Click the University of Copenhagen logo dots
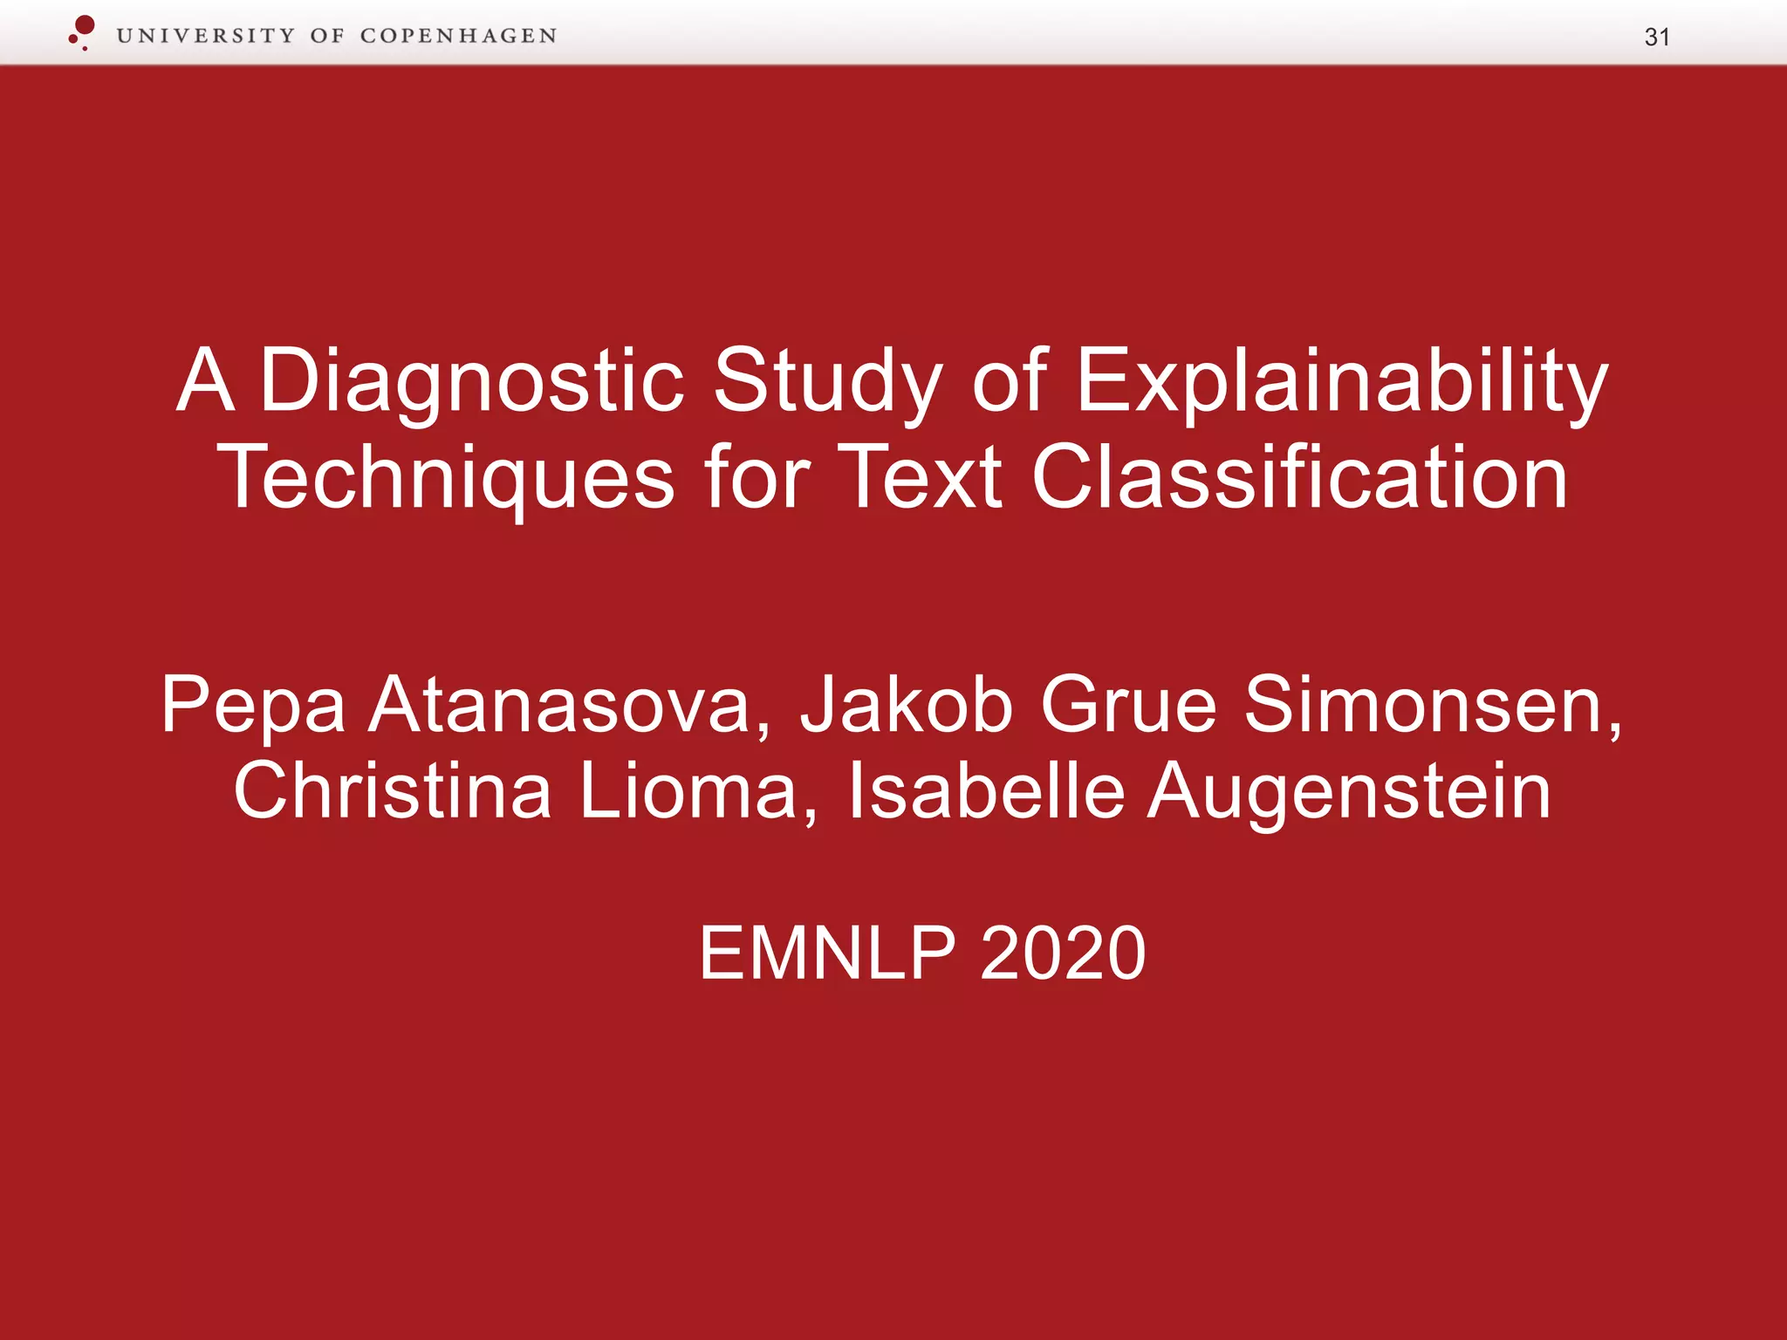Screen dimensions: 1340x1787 click(82, 32)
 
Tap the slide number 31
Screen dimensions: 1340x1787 click(1656, 38)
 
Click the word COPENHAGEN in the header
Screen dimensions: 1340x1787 click(458, 36)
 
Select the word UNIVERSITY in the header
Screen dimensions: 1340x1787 click(206, 36)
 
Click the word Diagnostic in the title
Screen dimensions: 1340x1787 click(471, 381)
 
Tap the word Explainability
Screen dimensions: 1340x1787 click(1341, 381)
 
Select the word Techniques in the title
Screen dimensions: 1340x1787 click(446, 477)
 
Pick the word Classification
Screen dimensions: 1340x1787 click(1299, 477)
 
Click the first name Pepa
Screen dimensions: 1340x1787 click(253, 705)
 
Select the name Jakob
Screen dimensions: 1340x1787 click(907, 705)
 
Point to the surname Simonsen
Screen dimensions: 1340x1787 click(1432, 705)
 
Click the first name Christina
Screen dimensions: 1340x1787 click(392, 790)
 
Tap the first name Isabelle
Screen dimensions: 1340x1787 click(986, 790)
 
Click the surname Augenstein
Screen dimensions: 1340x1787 click(1349, 790)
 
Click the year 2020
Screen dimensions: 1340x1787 click(1063, 953)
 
